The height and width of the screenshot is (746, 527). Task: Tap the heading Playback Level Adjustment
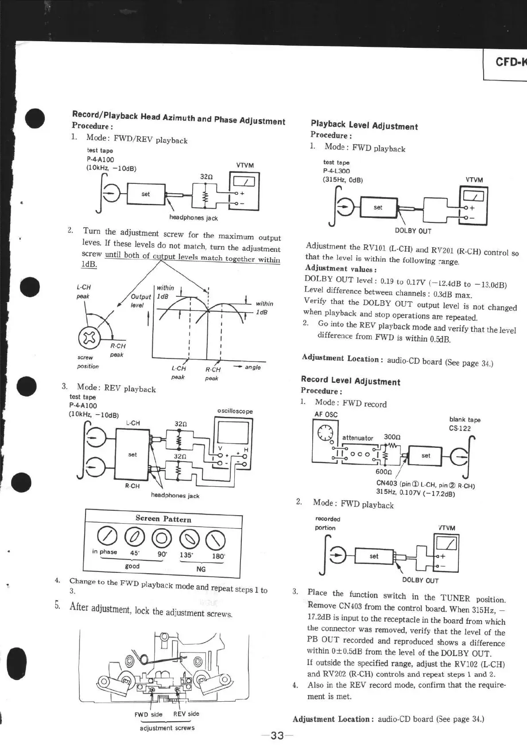pos(364,125)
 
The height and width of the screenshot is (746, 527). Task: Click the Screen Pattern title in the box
pos(163,519)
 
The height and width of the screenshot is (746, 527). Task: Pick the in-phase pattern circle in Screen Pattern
pos(105,536)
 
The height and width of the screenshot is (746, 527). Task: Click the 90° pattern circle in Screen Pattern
pos(161,538)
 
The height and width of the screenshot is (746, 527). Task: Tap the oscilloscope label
pos(235,411)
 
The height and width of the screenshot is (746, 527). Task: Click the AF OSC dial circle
pos(324,432)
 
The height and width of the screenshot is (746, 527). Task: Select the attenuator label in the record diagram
pos(357,438)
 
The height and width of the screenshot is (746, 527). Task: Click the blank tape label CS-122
pos(460,428)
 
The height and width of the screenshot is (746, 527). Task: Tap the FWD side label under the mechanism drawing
pos(148,714)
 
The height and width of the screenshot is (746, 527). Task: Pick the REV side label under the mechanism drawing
pos(186,714)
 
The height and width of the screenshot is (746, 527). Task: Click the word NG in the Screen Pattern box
pos(201,569)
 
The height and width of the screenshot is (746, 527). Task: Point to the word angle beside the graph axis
pos(252,367)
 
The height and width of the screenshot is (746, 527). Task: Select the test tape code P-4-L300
pos(337,171)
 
